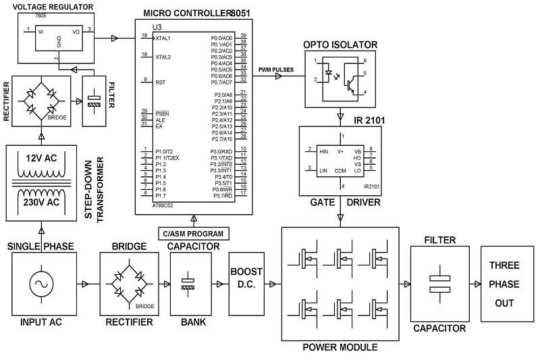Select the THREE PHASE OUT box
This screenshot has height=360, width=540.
(x=504, y=284)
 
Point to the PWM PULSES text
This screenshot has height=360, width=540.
(x=275, y=70)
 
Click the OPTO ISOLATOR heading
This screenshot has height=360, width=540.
(x=340, y=45)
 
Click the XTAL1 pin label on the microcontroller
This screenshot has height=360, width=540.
(x=163, y=38)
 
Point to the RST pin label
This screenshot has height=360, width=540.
(x=161, y=82)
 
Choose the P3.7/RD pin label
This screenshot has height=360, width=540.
(x=221, y=196)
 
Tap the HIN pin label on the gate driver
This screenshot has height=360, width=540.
(x=323, y=152)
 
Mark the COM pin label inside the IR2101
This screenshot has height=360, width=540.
(x=340, y=170)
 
